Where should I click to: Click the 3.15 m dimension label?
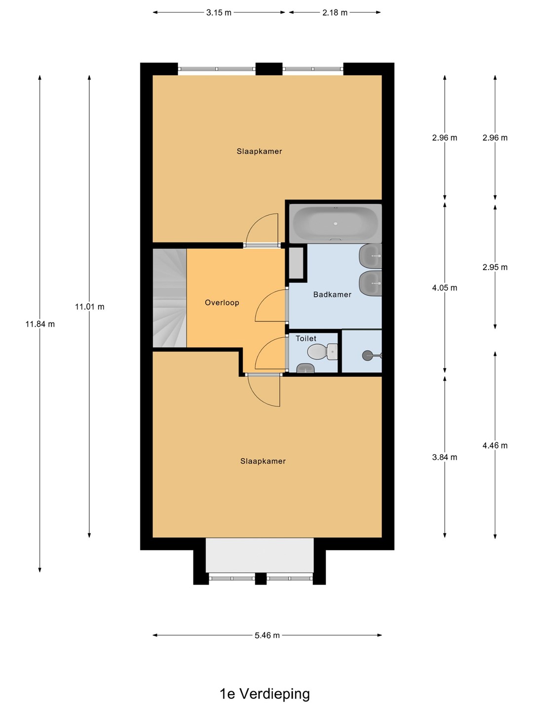click(219, 13)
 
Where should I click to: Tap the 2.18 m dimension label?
click(335, 13)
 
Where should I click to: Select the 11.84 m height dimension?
click(40, 324)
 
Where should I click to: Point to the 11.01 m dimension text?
click(90, 307)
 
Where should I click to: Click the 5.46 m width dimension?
click(267, 635)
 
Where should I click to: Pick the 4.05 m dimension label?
click(445, 288)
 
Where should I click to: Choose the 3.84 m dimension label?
click(445, 457)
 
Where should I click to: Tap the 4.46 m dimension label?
click(495, 445)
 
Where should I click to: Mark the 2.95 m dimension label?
click(495, 267)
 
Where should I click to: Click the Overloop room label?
click(222, 303)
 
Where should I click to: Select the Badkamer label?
click(332, 294)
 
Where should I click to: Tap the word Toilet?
click(306, 339)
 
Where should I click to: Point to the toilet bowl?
click(322, 352)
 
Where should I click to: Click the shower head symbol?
click(372, 355)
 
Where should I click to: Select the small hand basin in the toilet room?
click(305, 368)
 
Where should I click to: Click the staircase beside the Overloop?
click(170, 298)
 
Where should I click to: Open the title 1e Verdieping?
click(265, 694)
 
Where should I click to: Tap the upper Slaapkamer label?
click(259, 151)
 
